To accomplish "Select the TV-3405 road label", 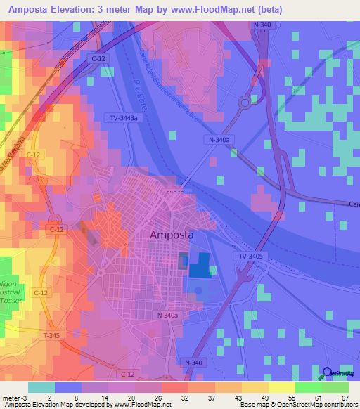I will [x=250, y=257].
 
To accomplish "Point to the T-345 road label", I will [x=51, y=336].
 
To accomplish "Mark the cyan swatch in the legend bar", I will [x=41, y=387].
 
